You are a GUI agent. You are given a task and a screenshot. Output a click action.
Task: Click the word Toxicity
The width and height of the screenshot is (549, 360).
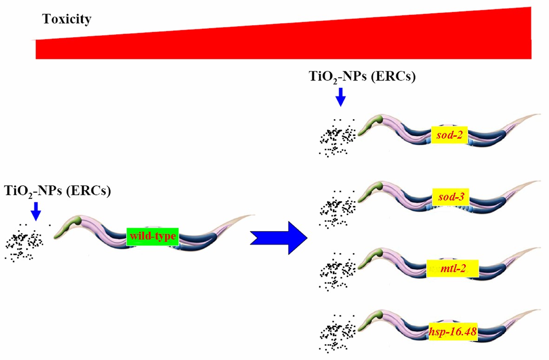tap(66, 20)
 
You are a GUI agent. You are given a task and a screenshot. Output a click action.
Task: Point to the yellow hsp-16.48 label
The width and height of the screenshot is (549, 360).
tap(449, 332)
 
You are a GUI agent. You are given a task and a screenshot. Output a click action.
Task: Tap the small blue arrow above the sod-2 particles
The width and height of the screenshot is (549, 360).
tap(341, 96)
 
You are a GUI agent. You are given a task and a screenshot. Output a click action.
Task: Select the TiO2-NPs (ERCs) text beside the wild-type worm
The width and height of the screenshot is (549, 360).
tap(57, 191)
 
